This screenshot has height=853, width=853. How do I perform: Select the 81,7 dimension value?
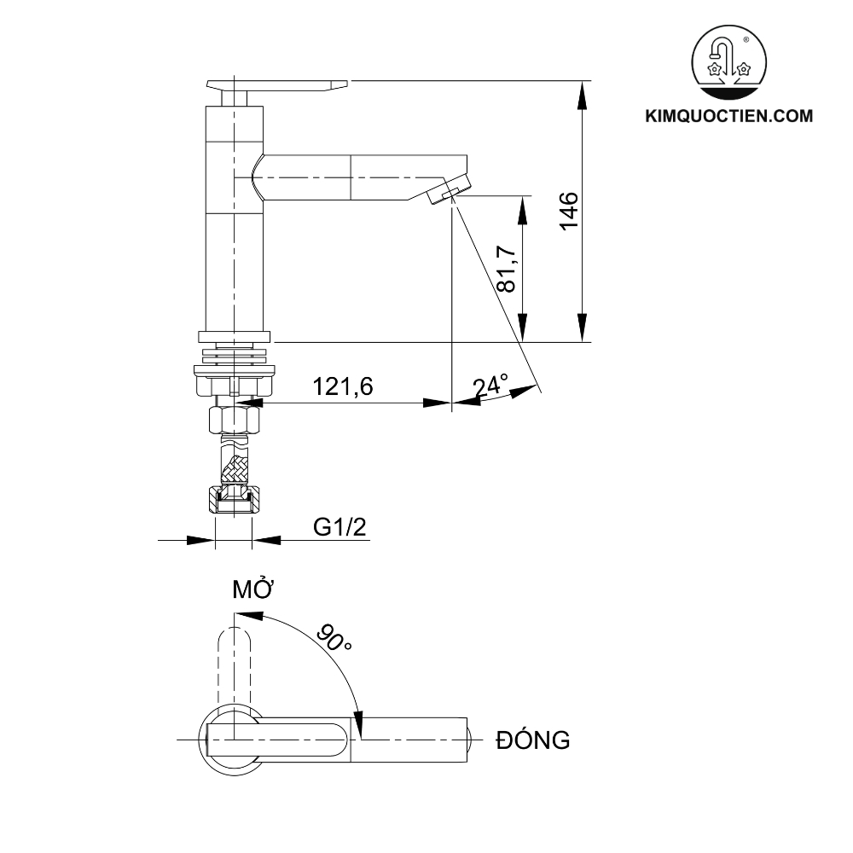click(x=507, y=270)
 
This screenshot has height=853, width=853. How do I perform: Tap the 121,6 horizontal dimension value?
click(x=343, y=386)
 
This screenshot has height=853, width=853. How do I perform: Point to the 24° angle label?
click(x=490, y=386)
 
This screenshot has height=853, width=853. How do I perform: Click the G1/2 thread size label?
click(x=339, y=526)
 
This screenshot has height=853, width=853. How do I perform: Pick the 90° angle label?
click(x=333, y=637)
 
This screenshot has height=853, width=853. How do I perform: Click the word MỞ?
click(x=252, y=589)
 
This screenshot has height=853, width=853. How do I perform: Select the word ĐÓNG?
click(x=532, y=740)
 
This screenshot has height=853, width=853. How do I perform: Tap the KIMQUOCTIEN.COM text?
click(x=729, y=116)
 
